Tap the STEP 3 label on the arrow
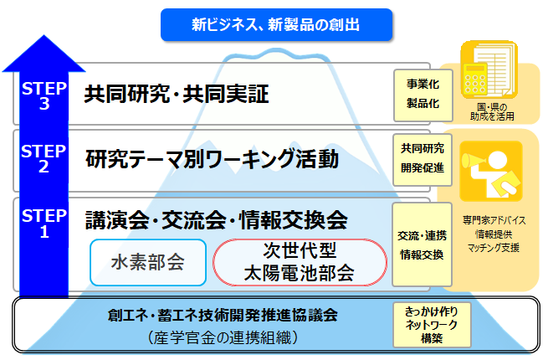(x=38, y=94)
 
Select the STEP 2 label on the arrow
(x=38, y=159)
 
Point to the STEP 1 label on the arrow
(x=38, y=225)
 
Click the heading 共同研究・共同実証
(x=176, y=94)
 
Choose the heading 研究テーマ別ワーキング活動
(x=213, y=158)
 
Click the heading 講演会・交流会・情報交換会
(x=217, y=221)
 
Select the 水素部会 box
(x=147, y=262)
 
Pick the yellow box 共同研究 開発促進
(x=423, y=157)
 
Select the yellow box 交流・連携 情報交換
(x=423, y=243)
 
